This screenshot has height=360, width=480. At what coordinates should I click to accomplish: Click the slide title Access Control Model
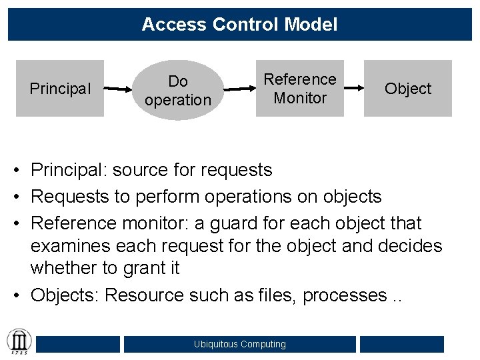(x=239, y=25)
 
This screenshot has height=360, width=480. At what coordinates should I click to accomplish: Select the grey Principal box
(x=60, y=89)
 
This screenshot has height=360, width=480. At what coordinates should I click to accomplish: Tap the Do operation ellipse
(x=177, y=91)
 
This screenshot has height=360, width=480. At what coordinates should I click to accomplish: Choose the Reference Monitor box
(x=300, y=89)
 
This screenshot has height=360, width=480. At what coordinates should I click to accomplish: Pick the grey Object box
(x=408, y=89)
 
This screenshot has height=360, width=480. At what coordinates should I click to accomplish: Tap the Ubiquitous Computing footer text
(x=239, y=344)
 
